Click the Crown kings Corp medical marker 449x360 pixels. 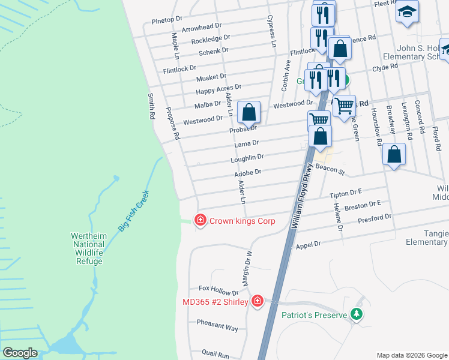199,221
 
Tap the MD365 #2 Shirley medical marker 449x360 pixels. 258,301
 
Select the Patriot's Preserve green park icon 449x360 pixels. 357,314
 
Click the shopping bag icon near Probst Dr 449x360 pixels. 249,112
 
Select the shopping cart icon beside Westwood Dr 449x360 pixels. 344,106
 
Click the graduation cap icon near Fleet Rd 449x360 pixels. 407,11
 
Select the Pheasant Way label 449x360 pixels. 217,328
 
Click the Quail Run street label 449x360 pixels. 215,355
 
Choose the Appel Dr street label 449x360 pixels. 309,244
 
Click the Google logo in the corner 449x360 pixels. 20,352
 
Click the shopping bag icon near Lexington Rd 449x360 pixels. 394,154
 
